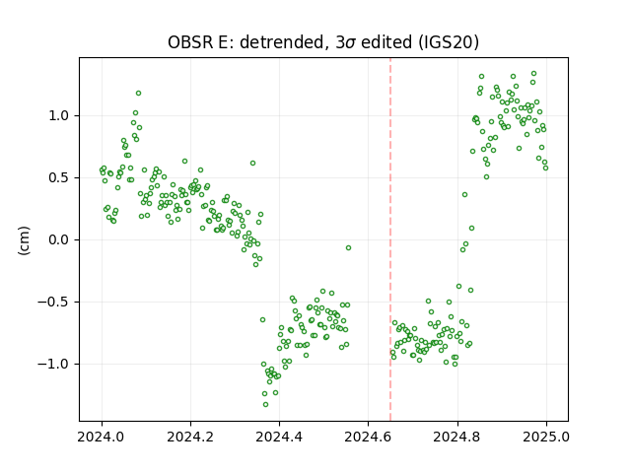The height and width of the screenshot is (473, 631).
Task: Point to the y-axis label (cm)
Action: [x=24, y=240]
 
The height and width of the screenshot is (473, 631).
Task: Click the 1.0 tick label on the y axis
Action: [x=59, y=116]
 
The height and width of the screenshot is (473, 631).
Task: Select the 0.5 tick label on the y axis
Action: [x=59, y=177]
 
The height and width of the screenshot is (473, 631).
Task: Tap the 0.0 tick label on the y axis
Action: [x=59, y=240]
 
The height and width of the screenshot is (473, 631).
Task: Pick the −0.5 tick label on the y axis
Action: [x=53, y=303]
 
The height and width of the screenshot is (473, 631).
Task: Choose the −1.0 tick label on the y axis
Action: [x=53, y=364]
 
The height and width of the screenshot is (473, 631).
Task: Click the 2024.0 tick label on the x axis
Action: [x=102, y=437]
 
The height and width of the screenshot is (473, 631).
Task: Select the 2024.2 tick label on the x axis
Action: [x=190, y=437]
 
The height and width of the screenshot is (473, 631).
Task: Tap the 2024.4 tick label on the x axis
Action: [x=279, y=437]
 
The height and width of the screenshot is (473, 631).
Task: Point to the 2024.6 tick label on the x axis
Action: [x=368, y=437]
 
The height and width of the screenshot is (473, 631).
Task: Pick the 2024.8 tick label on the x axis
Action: [x=457, y=437]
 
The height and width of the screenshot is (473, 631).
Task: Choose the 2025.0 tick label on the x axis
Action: [x=546, y=437]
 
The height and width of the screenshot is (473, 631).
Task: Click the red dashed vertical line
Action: [x=390, y=239]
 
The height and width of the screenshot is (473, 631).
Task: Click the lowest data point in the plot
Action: [x=265, y=404]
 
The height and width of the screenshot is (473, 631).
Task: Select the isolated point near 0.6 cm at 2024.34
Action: [x=252, y=163]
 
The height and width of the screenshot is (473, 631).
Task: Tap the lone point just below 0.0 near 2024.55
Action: [x=348, y=247]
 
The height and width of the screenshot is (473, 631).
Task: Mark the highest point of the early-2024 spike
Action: [x=138, y=93]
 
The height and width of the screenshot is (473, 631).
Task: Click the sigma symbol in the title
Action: [x=351, y=43]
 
